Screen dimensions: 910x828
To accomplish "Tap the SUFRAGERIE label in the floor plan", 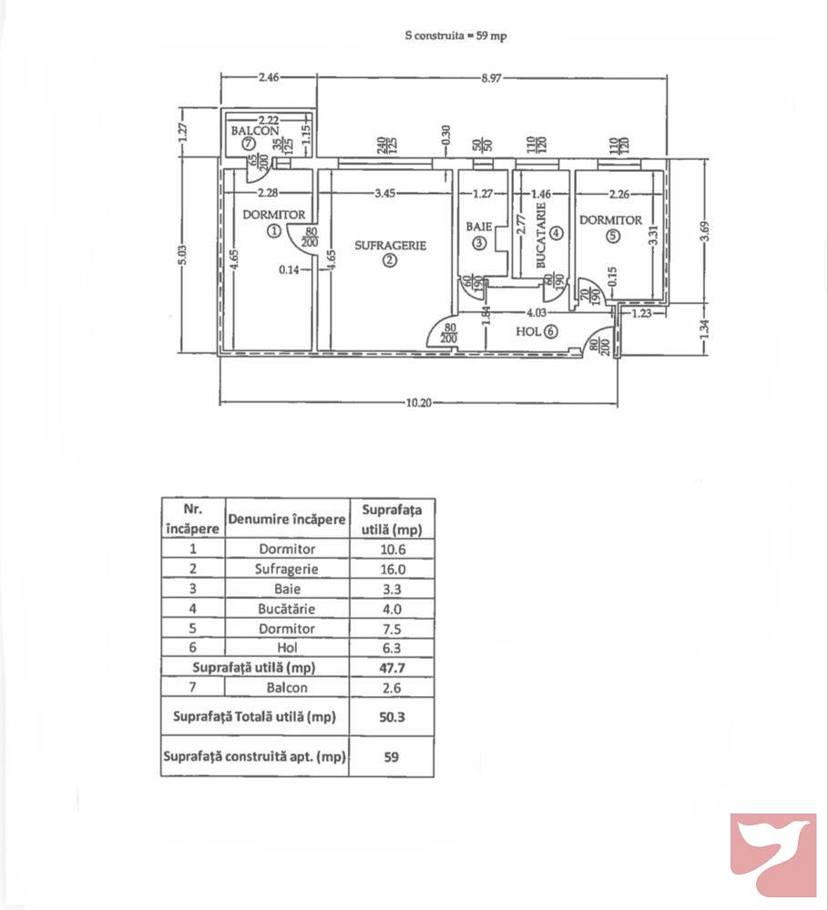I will pos(390,245).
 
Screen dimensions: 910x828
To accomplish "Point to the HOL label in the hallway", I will pos(528,331).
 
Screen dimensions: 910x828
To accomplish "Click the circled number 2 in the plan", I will pos(389,260).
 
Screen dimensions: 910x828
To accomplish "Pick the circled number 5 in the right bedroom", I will pos(612,236).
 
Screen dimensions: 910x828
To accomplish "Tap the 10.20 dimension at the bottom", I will pos(417,404).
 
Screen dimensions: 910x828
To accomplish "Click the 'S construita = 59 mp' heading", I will pos(455,36).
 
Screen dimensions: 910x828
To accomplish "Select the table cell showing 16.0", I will pos(392,569).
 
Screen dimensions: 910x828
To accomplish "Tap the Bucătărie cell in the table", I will pos(287,609).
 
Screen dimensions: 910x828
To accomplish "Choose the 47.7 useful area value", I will pos(392,668).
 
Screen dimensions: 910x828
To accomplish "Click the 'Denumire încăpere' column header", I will pos(287,519).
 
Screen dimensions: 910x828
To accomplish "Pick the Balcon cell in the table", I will pos(287,688).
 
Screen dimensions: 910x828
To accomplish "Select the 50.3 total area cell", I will pos(392,717).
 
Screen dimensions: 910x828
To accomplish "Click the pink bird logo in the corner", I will pos(773,854).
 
